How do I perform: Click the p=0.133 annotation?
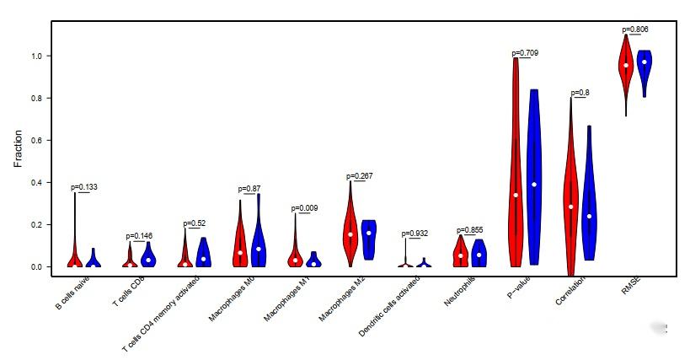point(84,187)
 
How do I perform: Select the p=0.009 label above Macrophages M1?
point(305,207)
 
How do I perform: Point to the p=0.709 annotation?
point(525,53)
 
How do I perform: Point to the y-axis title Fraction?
point(18,148)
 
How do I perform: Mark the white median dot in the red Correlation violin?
point(570,207)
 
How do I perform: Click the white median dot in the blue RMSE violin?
point(645,62)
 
